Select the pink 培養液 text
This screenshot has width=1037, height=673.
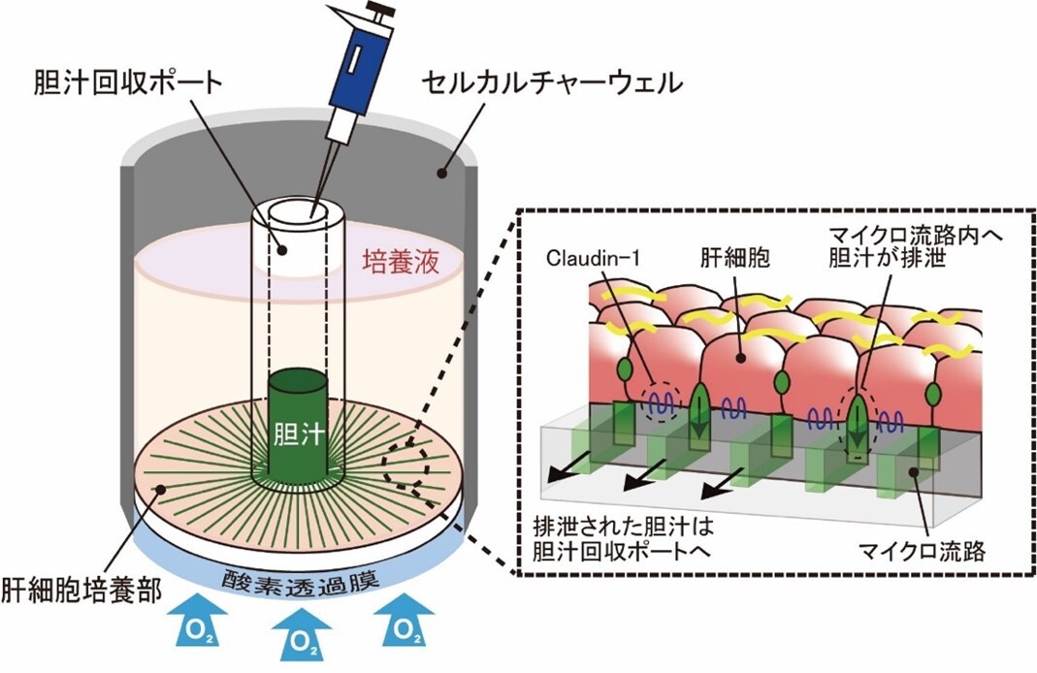401,262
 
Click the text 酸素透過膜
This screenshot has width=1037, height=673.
297,582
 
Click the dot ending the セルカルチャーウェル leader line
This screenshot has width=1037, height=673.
443,174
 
